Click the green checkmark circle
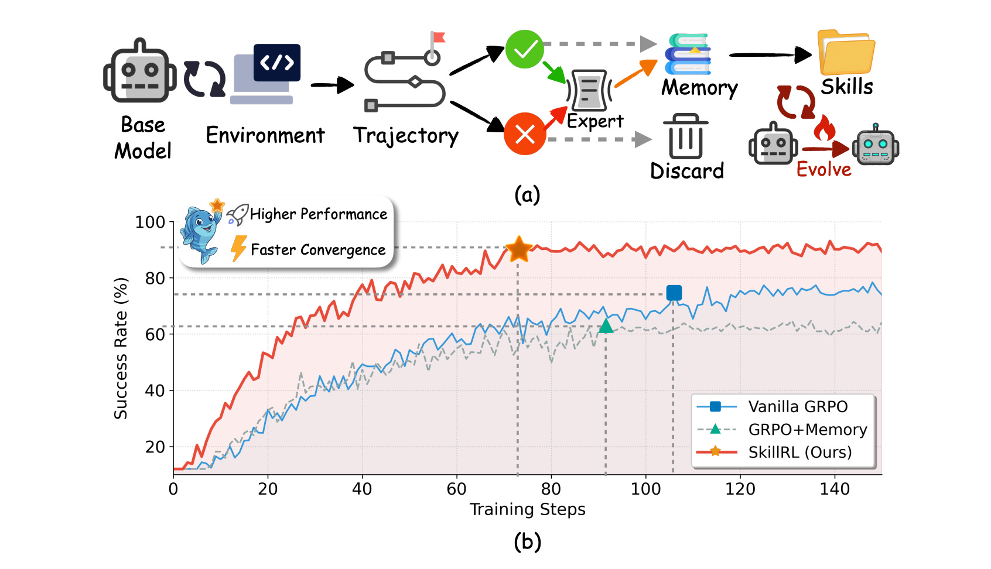click(525, 49)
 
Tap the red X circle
click(525, 134)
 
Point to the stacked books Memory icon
click(688, 54)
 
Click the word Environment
click(265, 135)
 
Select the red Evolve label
click(823, 170)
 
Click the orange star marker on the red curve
click(518, 249)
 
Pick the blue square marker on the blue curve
click(674, 293)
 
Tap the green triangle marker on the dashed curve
click(606, 326)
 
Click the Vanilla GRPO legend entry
click(798, 406)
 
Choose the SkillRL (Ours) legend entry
click(799, 452)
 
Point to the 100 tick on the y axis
click(150, 222)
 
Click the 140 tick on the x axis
click(835, 489)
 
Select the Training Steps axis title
click(527, 509)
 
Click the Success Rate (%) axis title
click(121, 348)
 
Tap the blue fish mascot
click(200, 233)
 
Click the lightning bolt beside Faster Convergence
click(238, 248)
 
